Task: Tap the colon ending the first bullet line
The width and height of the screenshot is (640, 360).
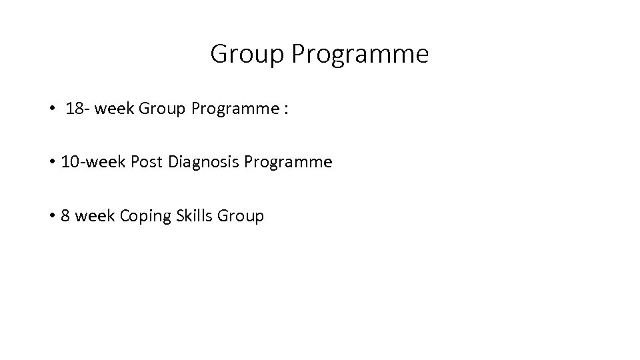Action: click(x=286, y=110)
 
